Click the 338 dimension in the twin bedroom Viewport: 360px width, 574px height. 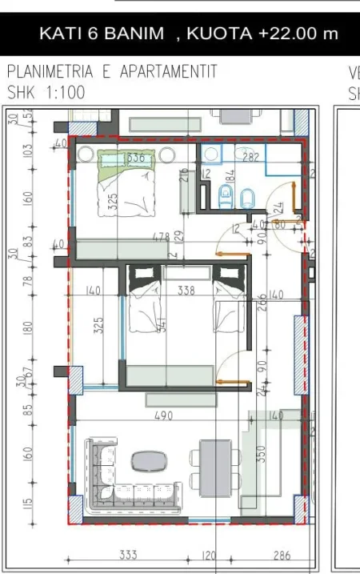[186, 291]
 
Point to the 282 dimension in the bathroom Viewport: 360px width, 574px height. [250, 158]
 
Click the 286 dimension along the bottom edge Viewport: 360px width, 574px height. [282, 556]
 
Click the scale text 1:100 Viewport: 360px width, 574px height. [61, 93]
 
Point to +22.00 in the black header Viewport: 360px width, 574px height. [287, 34]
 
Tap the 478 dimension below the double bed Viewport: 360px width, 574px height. [161, 236]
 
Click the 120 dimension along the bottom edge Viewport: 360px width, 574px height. [210, 556]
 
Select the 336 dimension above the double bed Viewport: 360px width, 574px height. [136, 158]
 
